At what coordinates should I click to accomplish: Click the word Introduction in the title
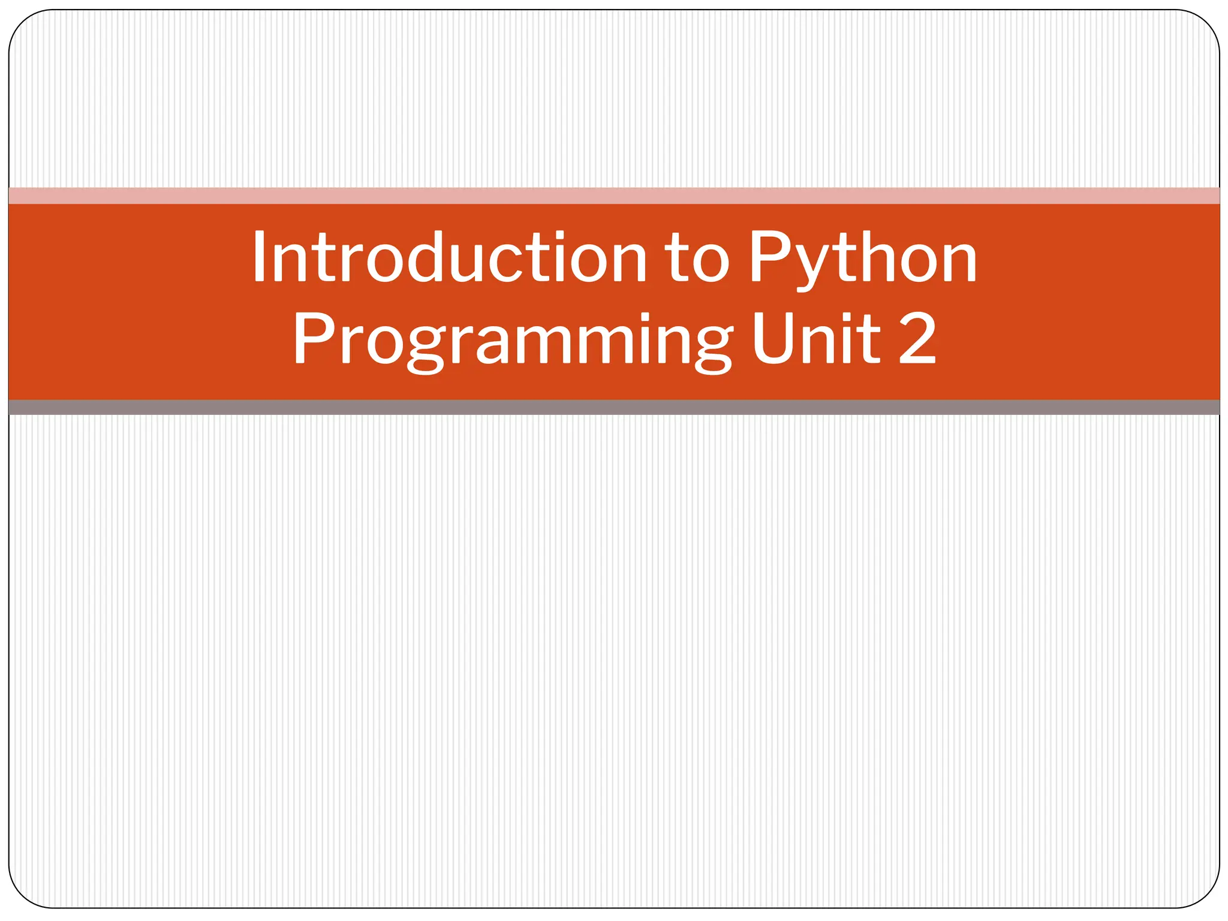tap(449, 258)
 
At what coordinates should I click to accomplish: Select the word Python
tap(863, 259)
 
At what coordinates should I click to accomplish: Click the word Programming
tap(513, 341)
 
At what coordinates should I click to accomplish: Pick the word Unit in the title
tap(816, 339)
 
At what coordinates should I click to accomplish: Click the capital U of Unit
tap(774, 339)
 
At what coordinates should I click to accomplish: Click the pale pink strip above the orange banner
tap(614, 196)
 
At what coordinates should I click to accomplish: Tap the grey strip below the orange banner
tap(614, 408)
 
